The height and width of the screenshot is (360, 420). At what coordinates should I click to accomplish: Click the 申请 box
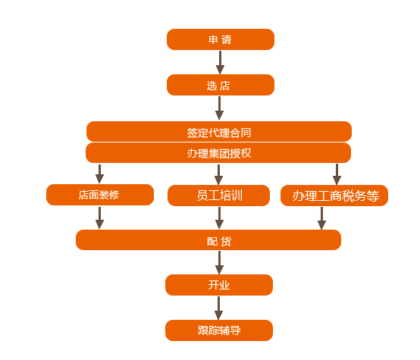(x=221, y=39)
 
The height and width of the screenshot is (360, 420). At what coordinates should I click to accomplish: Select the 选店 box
(x=221, y=85)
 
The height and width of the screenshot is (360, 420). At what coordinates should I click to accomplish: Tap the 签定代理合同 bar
(x=219, y=132)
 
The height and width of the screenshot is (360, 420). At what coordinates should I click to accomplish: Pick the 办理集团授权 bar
(x=218, y=152)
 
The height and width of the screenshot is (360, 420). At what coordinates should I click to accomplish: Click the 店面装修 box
(x=100, y=195)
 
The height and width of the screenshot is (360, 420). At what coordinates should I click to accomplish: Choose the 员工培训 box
(x=218, y=196)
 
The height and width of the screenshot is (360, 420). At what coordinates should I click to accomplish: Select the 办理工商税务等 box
(x=334, y=196)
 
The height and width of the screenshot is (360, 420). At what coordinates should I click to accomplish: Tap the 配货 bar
(x=208, y=239)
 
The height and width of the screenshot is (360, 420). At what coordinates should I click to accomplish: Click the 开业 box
(x=219, y=285)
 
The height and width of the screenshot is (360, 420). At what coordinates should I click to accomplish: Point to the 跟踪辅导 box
(x=219, y=330)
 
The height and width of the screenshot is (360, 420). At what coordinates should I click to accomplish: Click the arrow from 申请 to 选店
(x=220, y=62)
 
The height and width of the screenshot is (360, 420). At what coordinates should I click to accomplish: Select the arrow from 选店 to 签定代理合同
(x=219, y=108)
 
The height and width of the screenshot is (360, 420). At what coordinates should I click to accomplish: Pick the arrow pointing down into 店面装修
(x=99, y=174)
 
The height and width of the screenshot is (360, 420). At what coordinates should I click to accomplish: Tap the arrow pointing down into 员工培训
(x=218, y=174)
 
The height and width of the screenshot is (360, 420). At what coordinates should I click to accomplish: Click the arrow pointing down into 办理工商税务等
(x=337, y=174)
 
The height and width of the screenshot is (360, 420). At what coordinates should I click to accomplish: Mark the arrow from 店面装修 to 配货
(x=99, y=218)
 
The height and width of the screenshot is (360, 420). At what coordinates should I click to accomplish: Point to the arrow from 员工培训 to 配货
(x=219, y=218)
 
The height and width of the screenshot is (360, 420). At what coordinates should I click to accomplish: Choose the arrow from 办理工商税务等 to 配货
(x=321, y=218)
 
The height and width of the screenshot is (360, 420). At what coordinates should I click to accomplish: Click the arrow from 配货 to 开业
(x=219, y=262)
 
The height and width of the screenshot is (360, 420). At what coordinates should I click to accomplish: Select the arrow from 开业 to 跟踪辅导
(x=218, y=308)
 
